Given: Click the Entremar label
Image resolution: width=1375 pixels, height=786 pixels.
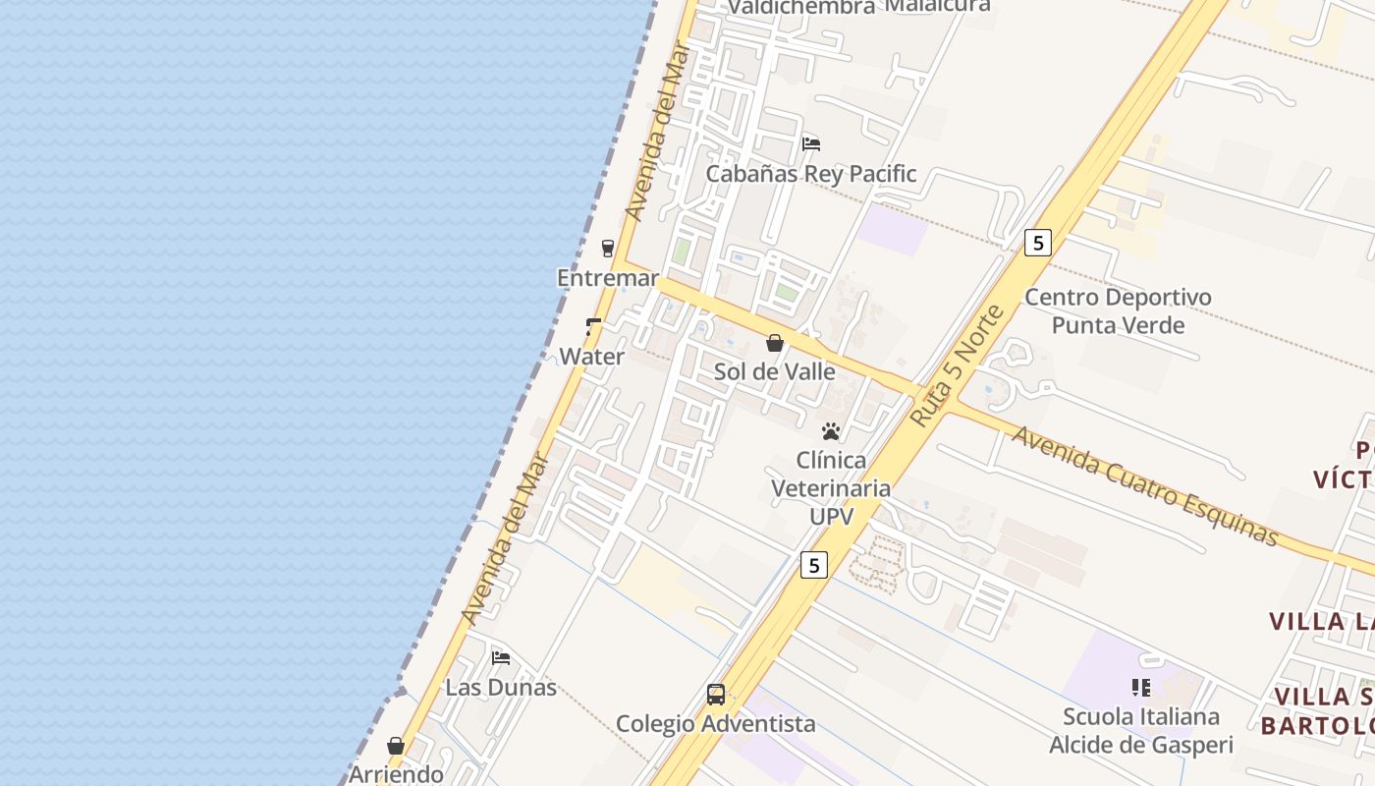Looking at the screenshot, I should pyautogui.click(x=608, y=278).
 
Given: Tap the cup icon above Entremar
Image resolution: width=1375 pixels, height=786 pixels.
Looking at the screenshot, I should pyautogui.click(x=608, y=248).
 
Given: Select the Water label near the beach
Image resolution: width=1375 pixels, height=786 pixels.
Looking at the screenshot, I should pyautogui.click(x=591, y=357).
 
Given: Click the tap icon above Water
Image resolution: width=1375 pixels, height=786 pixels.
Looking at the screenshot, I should pyautogui.click(x=593, y=326).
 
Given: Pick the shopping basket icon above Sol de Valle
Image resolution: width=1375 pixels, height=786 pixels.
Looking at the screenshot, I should pyautogui.click(x=775, y=343).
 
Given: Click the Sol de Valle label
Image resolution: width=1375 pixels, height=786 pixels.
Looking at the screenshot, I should pyautogui.click(x=775, y=371).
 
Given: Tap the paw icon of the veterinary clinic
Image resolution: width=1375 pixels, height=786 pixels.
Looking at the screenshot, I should pyautogui.click(x=831, y=430).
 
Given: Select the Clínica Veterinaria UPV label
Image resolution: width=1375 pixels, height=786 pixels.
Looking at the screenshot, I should pyautogui.click(x=831, y=487).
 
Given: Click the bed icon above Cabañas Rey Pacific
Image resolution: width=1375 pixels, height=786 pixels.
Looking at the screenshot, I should pyautogui.click(x=811, y=143).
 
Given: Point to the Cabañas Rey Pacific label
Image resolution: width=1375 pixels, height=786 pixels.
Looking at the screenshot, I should pyautogui.click(x=811, y=174).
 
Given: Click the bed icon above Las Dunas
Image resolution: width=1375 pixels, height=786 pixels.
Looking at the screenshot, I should pyautogui.click(x=501, y=657).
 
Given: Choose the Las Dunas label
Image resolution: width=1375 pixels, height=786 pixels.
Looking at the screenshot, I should pyautogui.click(x=501, y=687).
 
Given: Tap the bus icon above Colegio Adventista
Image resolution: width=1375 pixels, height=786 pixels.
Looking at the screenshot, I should pyautogui.click(x=716, y=695).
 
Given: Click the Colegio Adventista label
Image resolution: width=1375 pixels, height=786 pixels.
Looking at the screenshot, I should pyautogui.click(x=715, y=724).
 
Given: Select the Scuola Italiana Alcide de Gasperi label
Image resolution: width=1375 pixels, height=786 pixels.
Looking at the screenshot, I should pyautogui.click(x=1140, y=730).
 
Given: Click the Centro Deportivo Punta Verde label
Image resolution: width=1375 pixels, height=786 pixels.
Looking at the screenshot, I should pyautogui.click(x=1118, y=310).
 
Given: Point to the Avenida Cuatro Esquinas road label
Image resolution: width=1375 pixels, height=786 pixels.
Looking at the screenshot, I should pyautogui.click(x=1145, y=485).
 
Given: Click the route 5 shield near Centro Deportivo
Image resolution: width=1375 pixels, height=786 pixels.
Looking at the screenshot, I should pyautogui.click(x=1038, y=242).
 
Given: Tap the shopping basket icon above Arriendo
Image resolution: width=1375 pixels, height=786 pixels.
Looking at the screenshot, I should pyautogui.click(x=396, y=746).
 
